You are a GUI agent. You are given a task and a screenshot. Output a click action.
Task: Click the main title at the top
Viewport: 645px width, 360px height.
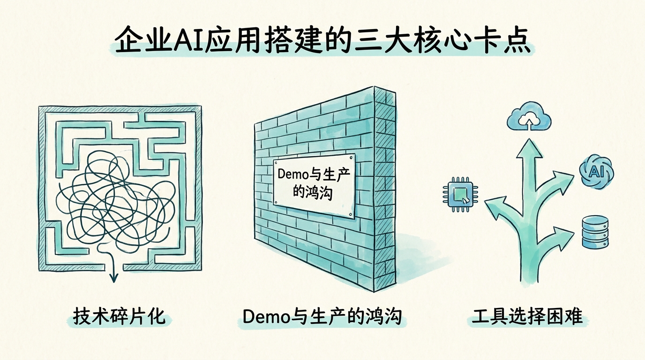[x=322, y=40]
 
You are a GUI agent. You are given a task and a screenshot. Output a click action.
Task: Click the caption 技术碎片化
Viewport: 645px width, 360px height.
[x=119, y=316]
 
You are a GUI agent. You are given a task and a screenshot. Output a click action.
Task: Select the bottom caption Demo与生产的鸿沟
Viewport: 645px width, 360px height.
[x=322, y=316]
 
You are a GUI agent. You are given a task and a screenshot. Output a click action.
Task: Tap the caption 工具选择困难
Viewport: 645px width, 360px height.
[x=527, y=316]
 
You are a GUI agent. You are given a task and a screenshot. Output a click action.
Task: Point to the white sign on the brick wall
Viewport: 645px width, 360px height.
[x=314, y=186]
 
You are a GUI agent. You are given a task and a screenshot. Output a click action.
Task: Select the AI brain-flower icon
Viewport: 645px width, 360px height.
[x=596, y=172]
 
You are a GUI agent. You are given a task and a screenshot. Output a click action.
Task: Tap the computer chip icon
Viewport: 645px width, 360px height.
[x=460, y=195]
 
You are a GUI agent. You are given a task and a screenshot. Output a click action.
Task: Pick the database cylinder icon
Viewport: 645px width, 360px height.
[x=595, y=232]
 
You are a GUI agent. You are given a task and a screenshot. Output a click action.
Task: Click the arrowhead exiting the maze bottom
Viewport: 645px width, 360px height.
[x=114, y=277]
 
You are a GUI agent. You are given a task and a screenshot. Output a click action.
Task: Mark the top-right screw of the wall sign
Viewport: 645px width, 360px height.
[x=351, y=157]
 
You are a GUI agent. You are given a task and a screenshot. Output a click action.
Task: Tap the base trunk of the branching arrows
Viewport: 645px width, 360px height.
[x=529, y=259]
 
